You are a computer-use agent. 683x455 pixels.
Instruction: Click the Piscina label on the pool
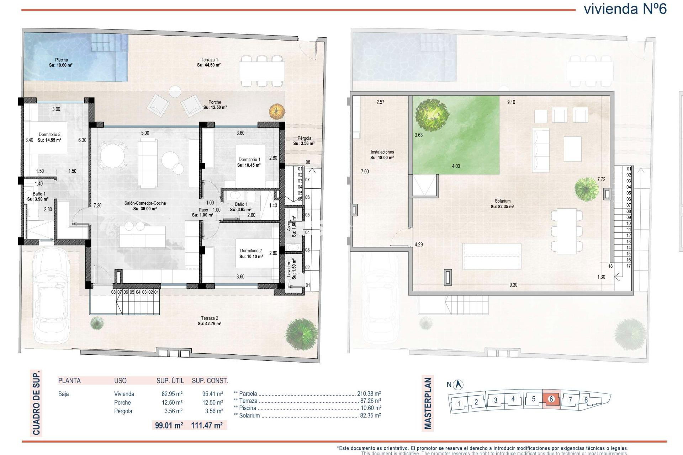click(x=61, y=60)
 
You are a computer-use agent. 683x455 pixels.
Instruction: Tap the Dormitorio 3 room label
click(x=49, y=135)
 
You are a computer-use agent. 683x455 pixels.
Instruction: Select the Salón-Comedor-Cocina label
click(x=145, y=203)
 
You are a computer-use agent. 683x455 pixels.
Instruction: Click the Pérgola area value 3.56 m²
click(x=304, y=144)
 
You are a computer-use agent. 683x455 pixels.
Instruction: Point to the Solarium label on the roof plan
click(x=502, y=201)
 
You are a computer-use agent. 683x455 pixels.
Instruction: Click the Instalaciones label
click(x=382, y=152)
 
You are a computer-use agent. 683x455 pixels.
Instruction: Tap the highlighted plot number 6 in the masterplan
click(x=551, y=399)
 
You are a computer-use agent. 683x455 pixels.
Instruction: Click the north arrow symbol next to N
click(x=459, y=384)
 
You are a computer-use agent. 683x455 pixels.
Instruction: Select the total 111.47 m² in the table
click(x=207, y=425)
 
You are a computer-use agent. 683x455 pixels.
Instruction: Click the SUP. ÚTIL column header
click(x=170, y=381)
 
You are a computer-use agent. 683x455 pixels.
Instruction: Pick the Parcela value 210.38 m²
click(x=369, y=394)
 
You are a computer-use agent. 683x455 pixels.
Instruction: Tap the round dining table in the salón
click(x=112, y=155)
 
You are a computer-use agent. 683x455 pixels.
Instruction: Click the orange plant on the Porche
click(x=277, y=111)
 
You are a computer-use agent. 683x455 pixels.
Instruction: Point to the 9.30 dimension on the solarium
click(x=513, y=285)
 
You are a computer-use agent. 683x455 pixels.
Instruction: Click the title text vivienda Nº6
click(x=625, y=9)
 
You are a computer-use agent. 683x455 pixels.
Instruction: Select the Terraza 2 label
click(x=210, y=318)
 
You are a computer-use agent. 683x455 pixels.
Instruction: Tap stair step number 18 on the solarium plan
click(x=610, y=266)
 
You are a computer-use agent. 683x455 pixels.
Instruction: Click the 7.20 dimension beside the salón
click(x=97, y=205)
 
